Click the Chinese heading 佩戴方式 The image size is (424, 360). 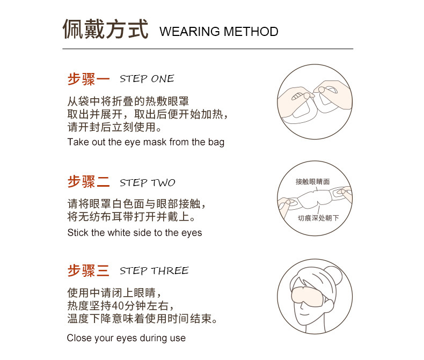tap(105, 30)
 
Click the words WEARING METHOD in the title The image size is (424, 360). tap(219, 32)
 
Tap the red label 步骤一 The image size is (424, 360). tap(89, 79)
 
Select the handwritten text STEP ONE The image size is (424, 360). tap(147, 79)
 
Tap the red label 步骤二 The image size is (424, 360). tap(89, 182)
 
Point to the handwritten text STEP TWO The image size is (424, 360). tap(148, 183)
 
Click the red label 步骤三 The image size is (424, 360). tap(89, 270)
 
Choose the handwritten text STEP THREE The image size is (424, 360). tap(154, 270)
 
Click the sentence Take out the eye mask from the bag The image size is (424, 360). tap(145, 142)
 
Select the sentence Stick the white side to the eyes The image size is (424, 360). tap(135, 233)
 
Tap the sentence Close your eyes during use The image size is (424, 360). tap(126, 338)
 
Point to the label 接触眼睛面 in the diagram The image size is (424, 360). tap(312, 182)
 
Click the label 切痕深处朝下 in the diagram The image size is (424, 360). tap(318, 218)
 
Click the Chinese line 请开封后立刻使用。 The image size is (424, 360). tap(114, 128)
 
